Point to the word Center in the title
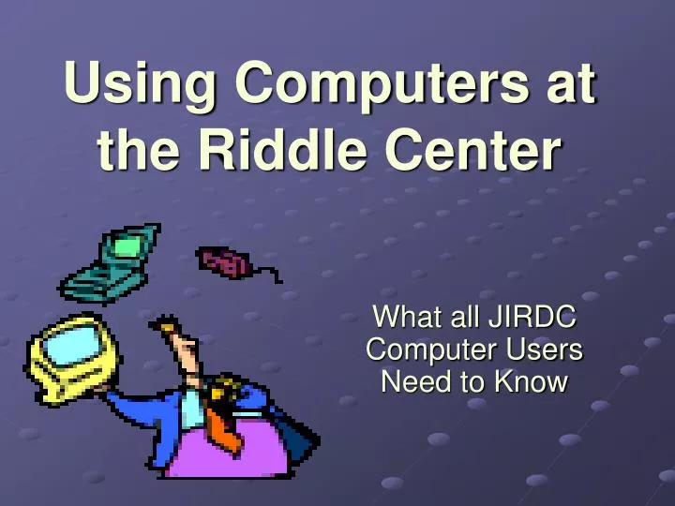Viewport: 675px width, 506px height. [468, 152]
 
